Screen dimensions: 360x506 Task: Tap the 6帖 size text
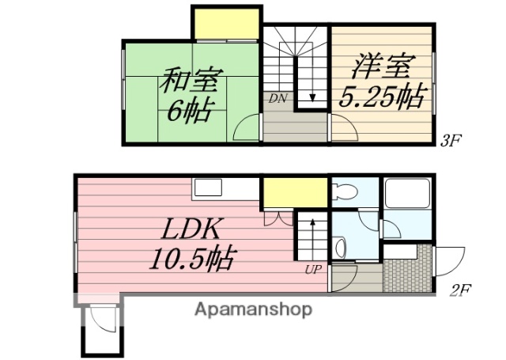click(188, 111)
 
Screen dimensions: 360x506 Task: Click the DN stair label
click(277, 98)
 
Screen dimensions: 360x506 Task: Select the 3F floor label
click(451, 142)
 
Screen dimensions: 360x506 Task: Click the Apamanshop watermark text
click(253, 309)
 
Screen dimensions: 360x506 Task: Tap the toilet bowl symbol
click(345, 190)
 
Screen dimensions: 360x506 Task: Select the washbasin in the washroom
click(340, 248)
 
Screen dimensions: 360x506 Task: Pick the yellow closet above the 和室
click(227, 23)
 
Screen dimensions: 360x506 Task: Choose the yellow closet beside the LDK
click(294, 192)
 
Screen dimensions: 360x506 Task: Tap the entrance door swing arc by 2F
click(448, 257)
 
